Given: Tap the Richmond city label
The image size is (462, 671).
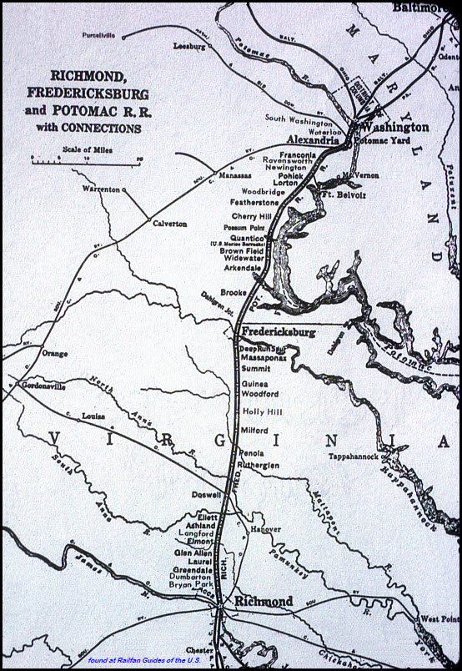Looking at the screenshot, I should pos(264,601).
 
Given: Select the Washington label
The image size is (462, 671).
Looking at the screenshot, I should pos(395,127).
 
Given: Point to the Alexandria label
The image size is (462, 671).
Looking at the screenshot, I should pos(313,141).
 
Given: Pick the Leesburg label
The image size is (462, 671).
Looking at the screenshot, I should pos(190,47).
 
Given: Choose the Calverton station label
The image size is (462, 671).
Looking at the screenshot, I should pos(169,224).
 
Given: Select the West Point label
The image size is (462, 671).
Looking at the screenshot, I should pos(439,618).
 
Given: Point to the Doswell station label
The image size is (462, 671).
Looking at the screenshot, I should pos(206,495).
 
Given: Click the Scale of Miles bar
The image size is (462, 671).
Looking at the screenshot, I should pos(86,162).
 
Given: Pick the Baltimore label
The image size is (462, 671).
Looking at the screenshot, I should pos(421,8).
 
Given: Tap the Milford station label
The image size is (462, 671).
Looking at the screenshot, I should pos(254,430).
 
